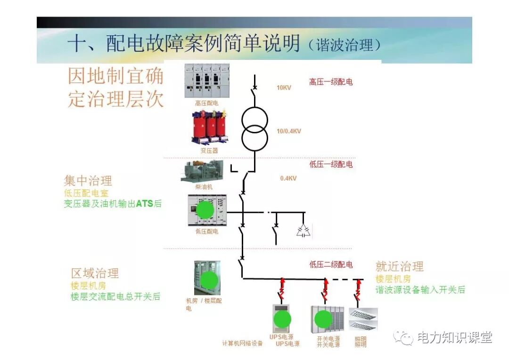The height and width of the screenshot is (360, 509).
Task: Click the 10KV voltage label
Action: click(284, 88)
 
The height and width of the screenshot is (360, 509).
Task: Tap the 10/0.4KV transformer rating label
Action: click(288, 131)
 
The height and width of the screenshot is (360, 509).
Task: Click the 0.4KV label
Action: click(288, 179)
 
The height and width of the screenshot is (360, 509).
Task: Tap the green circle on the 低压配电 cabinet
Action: click(205, 209)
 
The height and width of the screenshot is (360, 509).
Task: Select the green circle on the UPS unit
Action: click(282, 319)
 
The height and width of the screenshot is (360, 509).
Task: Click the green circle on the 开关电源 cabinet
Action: click(323, 319)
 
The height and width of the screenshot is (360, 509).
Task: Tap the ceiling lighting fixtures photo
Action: click(363, 319)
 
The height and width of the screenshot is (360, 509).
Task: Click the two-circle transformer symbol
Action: click(254, 128)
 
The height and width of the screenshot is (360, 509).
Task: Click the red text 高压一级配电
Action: click(331, 82)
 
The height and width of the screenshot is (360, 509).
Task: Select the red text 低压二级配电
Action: click(331, 265)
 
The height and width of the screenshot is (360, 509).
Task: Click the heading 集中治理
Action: click(88, 181)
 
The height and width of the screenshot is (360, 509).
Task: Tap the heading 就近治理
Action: click(400, 267)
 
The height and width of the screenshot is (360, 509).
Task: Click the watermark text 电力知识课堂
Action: click(454, 337)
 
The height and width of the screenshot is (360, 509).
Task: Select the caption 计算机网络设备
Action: click(242, 344)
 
